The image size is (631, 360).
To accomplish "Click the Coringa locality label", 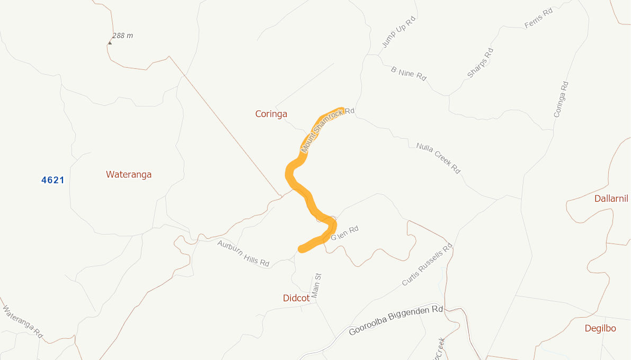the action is [x=271, y=114].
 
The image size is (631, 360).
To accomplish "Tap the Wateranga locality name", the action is [x=129, y=174].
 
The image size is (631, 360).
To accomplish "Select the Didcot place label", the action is [x=296, y=298].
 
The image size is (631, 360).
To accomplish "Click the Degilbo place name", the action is [x=600, y=328].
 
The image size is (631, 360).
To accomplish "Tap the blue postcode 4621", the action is [x=53, y=180].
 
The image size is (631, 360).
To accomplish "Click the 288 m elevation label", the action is [x=122, y=35].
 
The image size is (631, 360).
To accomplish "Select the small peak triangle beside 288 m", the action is [x=110, y=42].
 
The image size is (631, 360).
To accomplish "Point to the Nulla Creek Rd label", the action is [x=438, y=158].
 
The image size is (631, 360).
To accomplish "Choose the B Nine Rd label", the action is [x=408, y=74].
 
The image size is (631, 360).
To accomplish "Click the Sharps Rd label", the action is [x=480, y=63].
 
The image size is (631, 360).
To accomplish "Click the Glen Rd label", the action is [x=345, y=233].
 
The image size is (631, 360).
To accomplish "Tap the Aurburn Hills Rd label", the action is [x=243, y=253].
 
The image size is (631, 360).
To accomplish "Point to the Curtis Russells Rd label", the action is [x=427, y=265].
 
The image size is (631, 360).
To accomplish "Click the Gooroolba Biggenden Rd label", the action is [x=395, y=320].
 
